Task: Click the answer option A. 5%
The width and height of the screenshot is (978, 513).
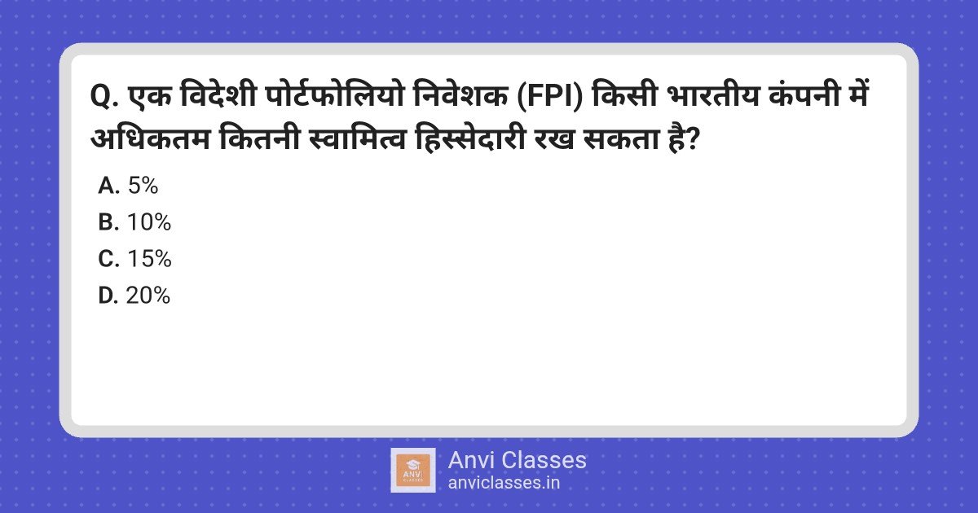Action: coord(128,186)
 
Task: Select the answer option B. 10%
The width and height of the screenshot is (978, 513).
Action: coord(134,222)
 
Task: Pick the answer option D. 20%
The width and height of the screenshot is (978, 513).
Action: coord(134,296)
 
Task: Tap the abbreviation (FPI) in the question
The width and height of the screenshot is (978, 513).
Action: coord(548,97)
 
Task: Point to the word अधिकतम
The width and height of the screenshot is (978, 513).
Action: coord(150,139)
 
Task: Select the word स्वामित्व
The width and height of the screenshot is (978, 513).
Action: coord(357,138)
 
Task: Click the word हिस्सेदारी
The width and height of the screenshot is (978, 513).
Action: coord(470,138)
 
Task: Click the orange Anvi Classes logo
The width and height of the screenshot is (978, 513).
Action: coord(413,471)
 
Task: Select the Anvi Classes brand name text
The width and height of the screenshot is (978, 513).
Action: coord(517,460)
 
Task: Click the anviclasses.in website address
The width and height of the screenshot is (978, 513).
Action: coord(504,483)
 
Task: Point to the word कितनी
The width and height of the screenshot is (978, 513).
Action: coord(259,138)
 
